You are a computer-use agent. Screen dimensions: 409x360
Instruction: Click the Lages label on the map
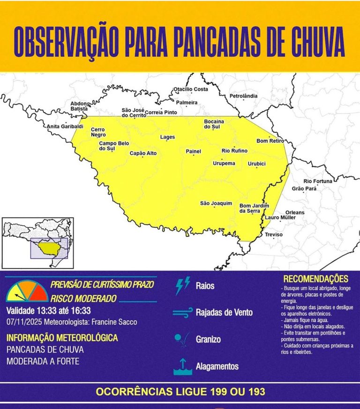[x=167, y=137]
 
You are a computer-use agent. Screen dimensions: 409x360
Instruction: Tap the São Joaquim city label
[x=216, y=203]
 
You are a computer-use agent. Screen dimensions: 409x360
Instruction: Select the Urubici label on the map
[x=257, y=164]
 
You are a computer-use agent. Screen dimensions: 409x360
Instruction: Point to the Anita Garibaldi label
[x=65, y=127]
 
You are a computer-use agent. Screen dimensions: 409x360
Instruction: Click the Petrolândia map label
[x=243, y=96]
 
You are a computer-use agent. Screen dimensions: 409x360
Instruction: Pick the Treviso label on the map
[x=274, y=235]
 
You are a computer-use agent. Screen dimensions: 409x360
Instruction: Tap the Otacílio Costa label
[x=191, y=89]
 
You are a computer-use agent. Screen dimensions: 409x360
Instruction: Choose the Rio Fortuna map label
[x=318, y=181]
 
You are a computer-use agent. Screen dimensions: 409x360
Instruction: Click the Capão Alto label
[x=143, y=153]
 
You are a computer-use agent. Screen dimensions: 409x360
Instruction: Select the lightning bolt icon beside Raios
[x=182, y=286]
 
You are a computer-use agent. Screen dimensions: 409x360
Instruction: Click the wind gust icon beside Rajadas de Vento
[x=182, y=312]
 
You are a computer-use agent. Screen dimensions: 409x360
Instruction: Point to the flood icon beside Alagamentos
[x=182, y=366]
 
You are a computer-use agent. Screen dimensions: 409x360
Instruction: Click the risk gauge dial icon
[x=27, y=291]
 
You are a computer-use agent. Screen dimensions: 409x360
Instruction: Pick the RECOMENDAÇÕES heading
[x=316, y=279]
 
